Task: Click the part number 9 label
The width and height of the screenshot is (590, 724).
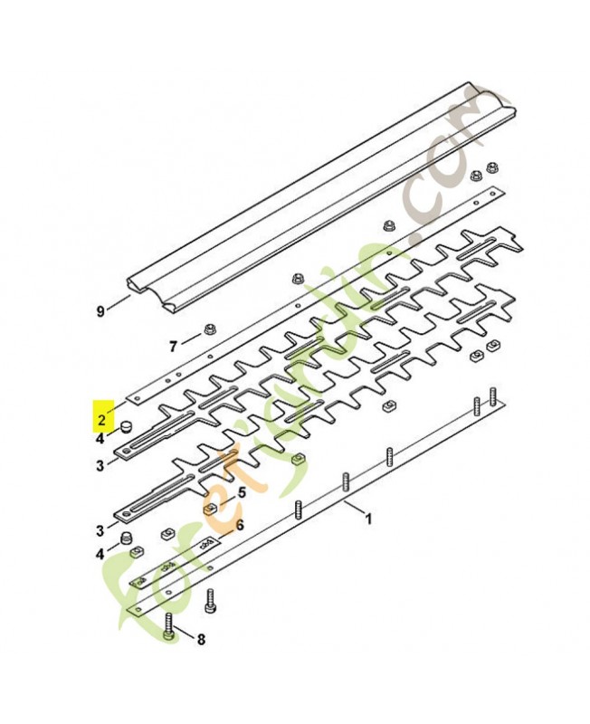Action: tap(100, 311)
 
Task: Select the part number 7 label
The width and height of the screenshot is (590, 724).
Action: tap(174, 344)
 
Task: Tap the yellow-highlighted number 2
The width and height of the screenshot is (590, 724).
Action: tap(101, 419)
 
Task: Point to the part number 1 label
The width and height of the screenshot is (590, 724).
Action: tap(368, 519)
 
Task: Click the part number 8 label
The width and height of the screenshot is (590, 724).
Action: tap(201, 639)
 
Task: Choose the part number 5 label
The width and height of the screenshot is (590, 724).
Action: tap(241, 493)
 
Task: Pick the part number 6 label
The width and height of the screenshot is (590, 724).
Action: tap(240, 524)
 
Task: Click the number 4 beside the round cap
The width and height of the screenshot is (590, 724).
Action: tap(100, 439)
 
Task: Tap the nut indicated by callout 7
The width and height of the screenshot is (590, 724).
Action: tap(209, 329)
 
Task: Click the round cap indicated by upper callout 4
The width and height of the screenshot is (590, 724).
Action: tap(128, 424)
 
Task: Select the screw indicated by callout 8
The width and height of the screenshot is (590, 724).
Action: tap(170, 626)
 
